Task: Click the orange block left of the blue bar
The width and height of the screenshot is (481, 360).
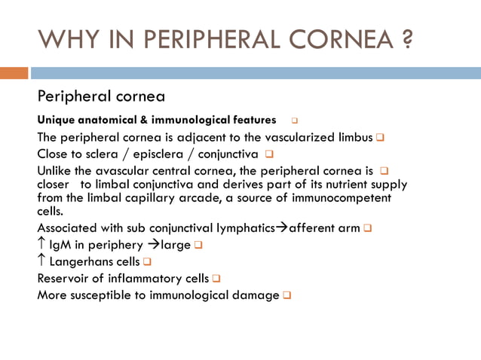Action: tap(14, 73)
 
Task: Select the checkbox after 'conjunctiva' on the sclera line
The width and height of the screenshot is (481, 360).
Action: tap(268, 154)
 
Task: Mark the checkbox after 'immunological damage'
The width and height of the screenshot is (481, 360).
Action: tap(286, 294)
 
